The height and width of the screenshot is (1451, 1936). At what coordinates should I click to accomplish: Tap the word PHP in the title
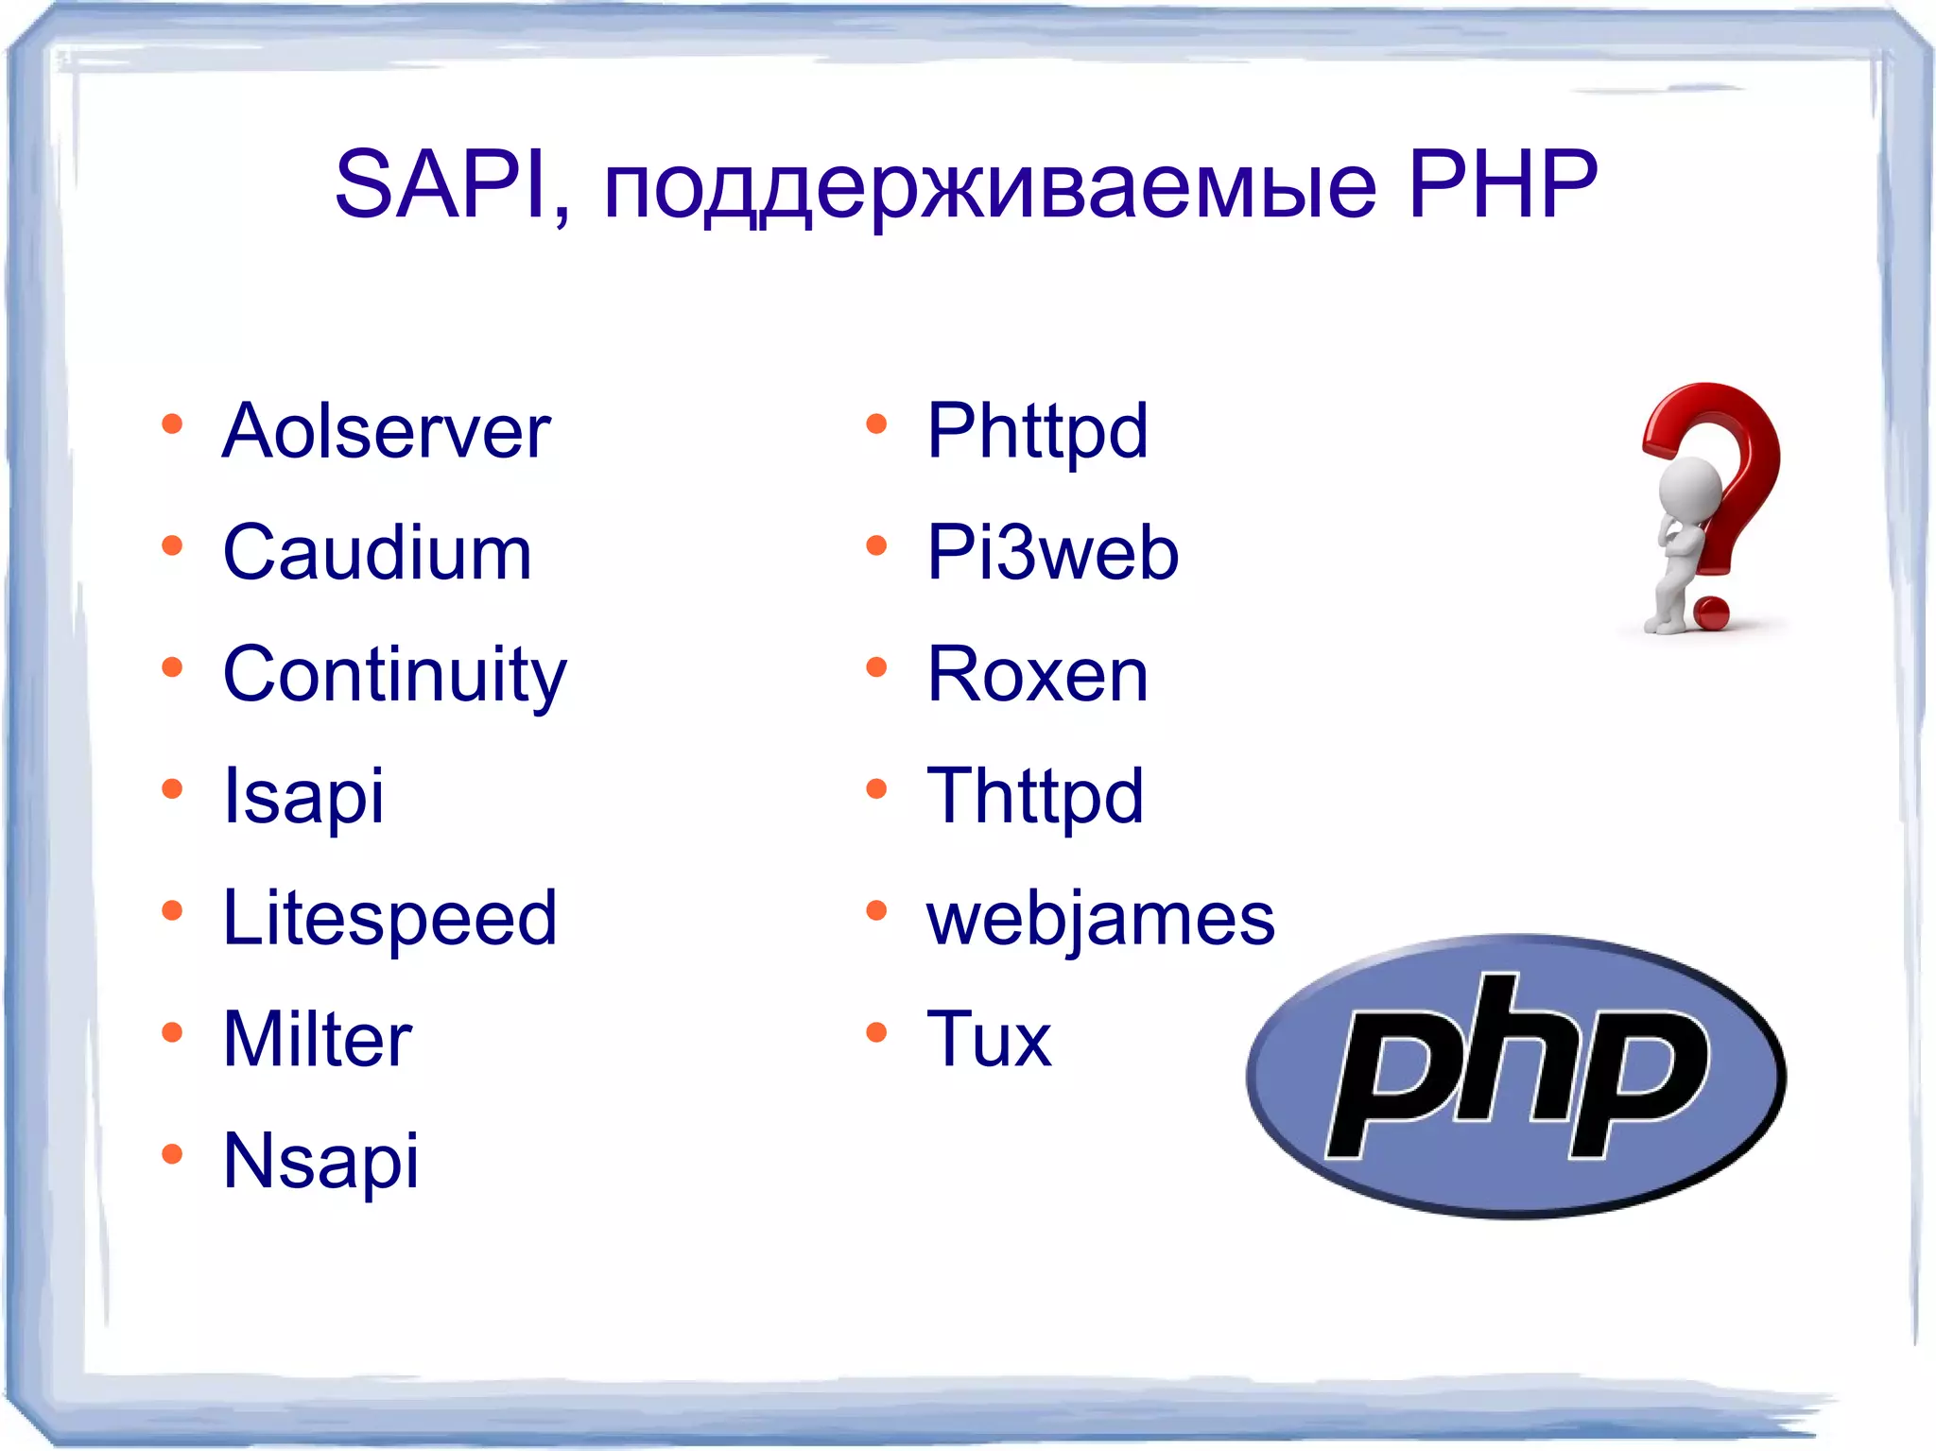(x=1502, y=184)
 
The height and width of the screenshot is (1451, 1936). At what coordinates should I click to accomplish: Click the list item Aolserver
(x=387, y=432)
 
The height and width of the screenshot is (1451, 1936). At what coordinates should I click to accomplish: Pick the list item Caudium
(x=377, y=553)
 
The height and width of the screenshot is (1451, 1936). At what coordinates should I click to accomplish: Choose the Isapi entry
(x=303, y=797)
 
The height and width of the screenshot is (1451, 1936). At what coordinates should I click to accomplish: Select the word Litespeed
(x=389, y=919)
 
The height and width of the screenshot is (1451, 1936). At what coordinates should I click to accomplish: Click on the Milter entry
(x=318, y=1040)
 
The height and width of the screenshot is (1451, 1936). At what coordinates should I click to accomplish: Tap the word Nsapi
(x=320, y=1162)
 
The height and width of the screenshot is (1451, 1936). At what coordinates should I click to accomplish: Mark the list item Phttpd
(x=1037, y=432)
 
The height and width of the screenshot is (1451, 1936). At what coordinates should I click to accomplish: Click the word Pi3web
(x=1052, y=553)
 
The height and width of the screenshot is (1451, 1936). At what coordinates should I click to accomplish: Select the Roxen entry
(x=1037, y=675)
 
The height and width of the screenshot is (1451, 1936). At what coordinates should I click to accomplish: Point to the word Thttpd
(x=1035, y=797)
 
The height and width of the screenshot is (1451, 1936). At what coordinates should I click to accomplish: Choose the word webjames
(x=1100, y=919)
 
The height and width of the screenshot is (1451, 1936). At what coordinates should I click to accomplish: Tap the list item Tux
(x=989, y=1040)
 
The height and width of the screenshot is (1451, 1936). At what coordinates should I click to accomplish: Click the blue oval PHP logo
(x=1515, y=1075)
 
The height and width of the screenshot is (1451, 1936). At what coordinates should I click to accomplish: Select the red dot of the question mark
(x=1711, y=612)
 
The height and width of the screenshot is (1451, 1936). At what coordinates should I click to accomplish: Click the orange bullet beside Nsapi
(x=172, y=1153)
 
